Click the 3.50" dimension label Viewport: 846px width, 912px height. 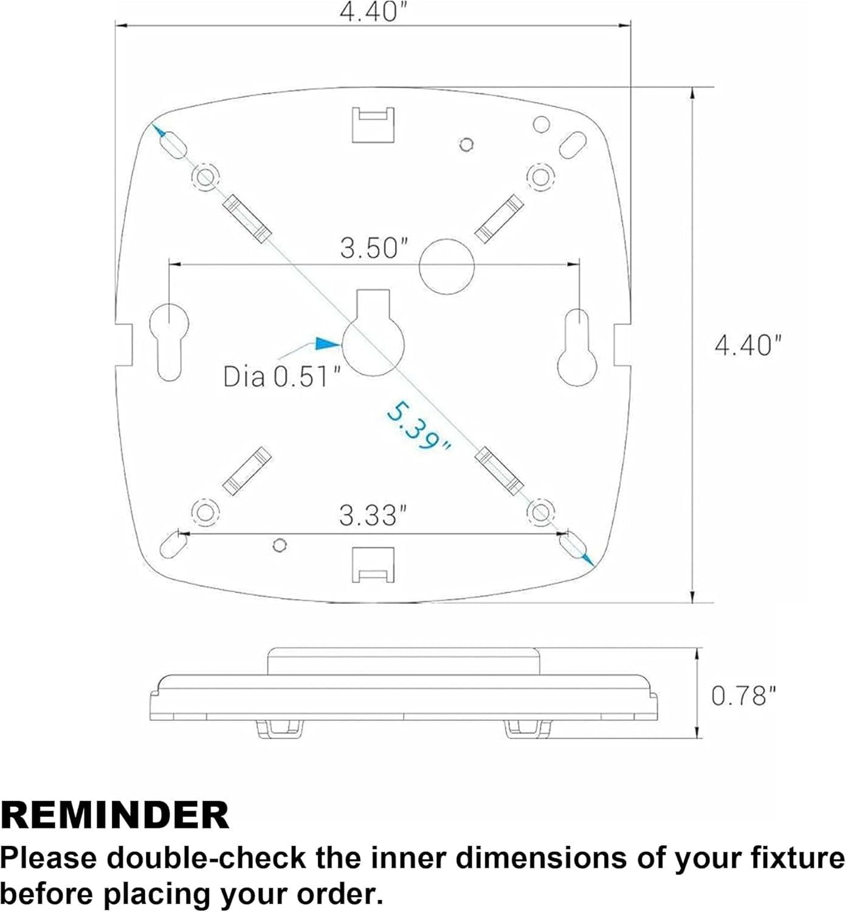coord(374,248)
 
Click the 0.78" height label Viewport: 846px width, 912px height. coord(744,696)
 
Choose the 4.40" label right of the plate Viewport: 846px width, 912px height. coord(748,345)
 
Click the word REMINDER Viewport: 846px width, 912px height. coord(115,815)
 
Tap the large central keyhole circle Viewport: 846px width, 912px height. coord(373,344)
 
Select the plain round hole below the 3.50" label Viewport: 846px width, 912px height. coord(447,267)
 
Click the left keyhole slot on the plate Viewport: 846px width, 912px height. coord(169,342)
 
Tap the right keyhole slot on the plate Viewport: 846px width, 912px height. coord(577,347)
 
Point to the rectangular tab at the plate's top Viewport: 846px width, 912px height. coord(373,125)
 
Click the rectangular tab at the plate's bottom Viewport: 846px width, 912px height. coord(373,564)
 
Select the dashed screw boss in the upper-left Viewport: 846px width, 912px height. coord(205,176)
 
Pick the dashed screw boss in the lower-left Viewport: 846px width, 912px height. coord(205,511)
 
